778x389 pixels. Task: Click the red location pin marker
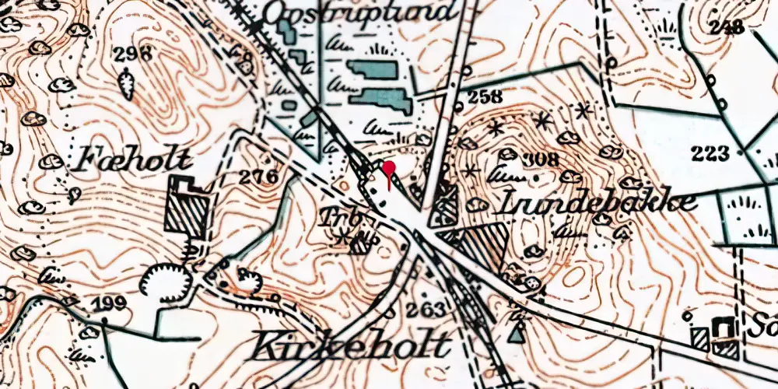pyautogui.click(x=388, y=169)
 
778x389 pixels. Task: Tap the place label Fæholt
pyautogui.click(x=134, y=161)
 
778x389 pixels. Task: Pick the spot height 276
pyautogui.click(x=258, y=177)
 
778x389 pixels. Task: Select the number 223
pyautogui.click(x=710, y=152)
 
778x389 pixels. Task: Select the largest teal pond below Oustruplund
pyautogui.click(x=381, y=100)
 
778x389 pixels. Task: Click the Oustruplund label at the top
pyautogui.click(x=357, y=12)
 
